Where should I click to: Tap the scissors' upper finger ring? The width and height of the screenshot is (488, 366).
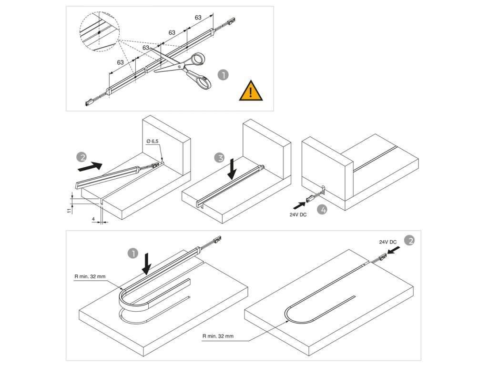pos(195,60)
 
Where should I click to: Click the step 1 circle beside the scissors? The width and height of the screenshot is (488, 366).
pos(222,75)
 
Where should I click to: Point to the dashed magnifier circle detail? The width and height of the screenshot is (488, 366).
pos(98,32)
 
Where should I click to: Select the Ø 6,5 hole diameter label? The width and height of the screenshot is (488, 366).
pos(153,142)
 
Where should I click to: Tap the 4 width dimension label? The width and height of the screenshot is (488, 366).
pos(93,220)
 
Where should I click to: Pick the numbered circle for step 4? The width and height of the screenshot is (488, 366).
pos(322,209)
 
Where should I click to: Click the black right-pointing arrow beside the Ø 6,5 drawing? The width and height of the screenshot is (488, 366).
pos(90,166)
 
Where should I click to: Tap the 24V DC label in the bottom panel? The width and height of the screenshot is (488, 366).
pos(388,242)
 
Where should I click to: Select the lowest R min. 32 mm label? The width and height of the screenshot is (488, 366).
pos(217,336)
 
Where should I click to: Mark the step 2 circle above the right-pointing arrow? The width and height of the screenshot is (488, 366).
pos(82,157)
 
